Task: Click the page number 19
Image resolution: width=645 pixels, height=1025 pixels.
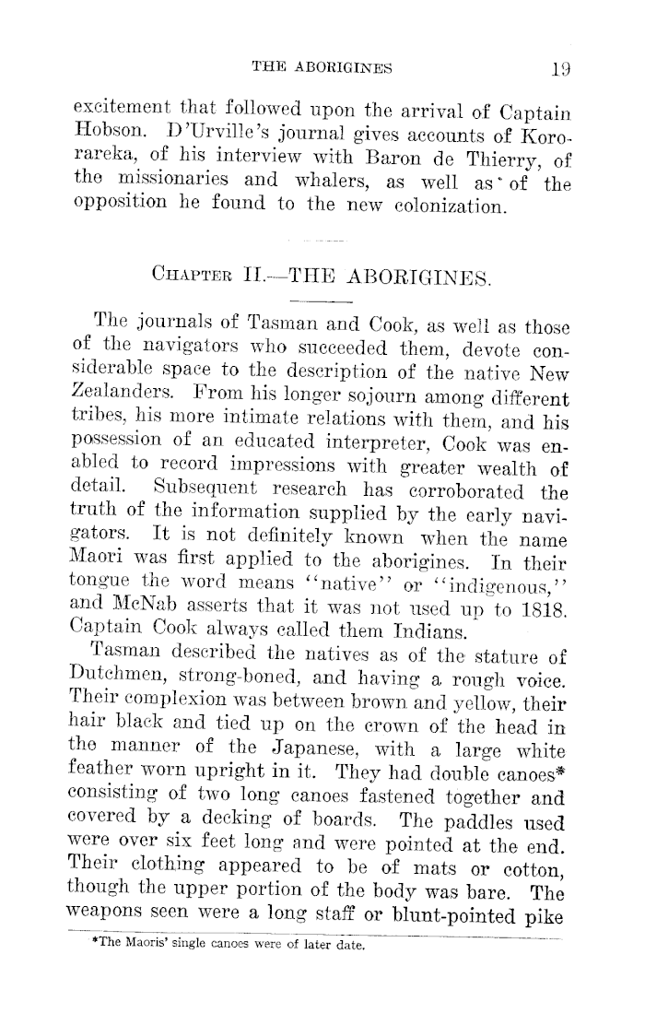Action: (560, 65)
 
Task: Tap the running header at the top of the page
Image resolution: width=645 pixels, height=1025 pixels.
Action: (322, 65)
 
